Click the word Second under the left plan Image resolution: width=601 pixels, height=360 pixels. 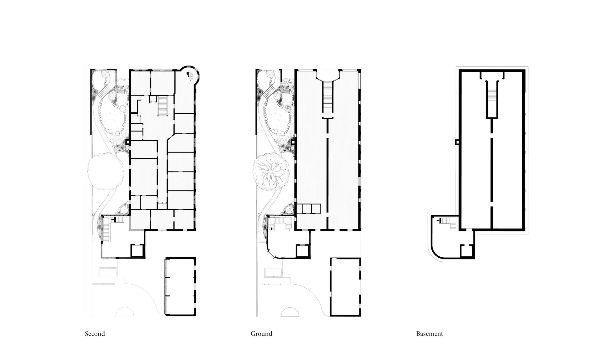tap(95, 334)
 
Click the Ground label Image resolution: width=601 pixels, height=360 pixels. tap(261, 334)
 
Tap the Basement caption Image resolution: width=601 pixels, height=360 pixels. tap(429, 334)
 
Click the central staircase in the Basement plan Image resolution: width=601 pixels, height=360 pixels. tap(491, 99)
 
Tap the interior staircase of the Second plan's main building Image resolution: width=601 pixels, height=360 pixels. tap(163, 106)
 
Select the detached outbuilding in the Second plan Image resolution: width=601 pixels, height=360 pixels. tap(180, 287)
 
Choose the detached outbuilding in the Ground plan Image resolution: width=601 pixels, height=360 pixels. tap(346, 287)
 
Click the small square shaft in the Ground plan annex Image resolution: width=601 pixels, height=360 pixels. tap(302, 251)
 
